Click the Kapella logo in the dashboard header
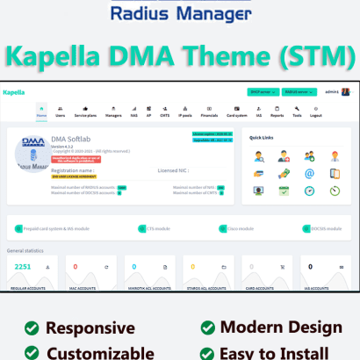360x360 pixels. click(14, 91)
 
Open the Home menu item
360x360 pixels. click(41, 112)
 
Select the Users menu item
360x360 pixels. click(61, 112)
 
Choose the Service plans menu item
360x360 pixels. click(86, 112)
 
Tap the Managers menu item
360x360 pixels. click(114, 112)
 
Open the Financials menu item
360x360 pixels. click(211, 112)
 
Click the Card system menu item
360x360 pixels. click(237, 112)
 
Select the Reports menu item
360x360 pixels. click(277, 112)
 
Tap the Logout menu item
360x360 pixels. click(316, 112)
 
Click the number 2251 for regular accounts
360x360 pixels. click(23, 266)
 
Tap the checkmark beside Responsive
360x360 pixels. click(32, 328)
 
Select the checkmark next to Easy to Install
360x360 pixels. click(207, 353)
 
